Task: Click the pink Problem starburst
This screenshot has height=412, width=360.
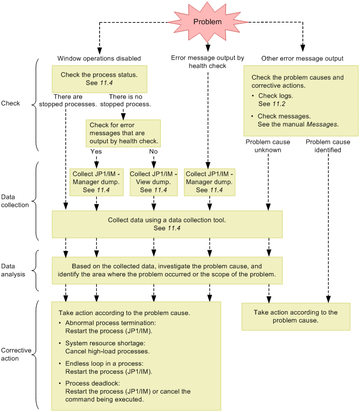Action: pos(207,22)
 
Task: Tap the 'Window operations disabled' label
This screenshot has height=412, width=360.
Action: pos(99,58)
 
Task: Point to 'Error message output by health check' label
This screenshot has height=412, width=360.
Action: pos(207,61)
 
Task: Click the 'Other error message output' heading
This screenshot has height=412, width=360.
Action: pos(302,58)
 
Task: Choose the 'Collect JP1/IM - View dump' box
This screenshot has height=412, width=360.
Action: pos(153,182)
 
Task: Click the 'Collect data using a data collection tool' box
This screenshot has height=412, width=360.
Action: pos(167,224)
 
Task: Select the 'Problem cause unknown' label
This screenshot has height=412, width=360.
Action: pos(267,146)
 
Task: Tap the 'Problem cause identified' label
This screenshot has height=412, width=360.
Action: pos(328,146)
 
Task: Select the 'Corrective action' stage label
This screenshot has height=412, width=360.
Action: pos(16,354)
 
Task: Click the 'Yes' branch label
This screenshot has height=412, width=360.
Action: pos(97,151)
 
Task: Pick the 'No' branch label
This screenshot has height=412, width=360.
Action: pos(153,151)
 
